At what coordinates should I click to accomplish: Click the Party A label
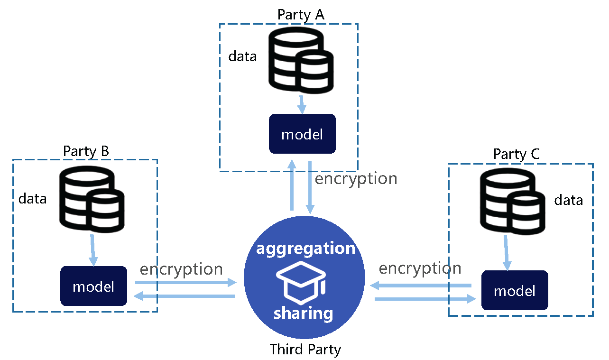[x=301, y=15]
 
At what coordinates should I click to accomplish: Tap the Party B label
[x=86, y=151]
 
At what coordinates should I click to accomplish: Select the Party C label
[x=517, y=154]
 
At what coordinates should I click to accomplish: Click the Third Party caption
[x=305, y=350]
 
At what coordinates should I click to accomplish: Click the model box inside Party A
[x=302, y=134]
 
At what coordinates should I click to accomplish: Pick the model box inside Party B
[x=93, y=286]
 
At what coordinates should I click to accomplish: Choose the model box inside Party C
[x=515, y=290]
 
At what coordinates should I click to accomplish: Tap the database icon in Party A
[x=301, y=60]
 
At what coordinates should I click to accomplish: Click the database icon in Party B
[x=92, y=199]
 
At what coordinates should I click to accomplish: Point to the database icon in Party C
[x=513, y=201]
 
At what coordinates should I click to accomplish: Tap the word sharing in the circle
[x=303, y=314]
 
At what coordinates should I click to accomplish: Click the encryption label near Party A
[x=356, y=179]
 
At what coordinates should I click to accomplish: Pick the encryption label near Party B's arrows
[x=181, y=269]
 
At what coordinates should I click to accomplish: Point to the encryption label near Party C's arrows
[x=420, y=268]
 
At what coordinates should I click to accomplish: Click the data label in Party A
[x=242, y=56]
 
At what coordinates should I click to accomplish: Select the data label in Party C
[x=569, y=200]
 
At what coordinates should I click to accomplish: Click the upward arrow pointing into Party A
[x=292, y=185]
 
